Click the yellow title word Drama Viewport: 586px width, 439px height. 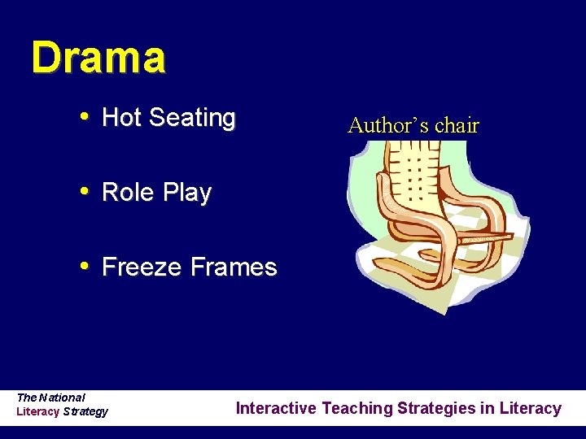tap(98, 58)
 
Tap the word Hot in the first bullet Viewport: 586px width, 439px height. tap(121, 118)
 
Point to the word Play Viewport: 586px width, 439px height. tap(187, 193)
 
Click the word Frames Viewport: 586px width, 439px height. tap(234, 267)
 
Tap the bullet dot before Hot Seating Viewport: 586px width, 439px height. tap(85, 118)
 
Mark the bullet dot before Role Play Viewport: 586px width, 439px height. tap(85, 193)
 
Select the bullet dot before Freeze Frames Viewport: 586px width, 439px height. tap(85, 267)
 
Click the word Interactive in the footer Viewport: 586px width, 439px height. tap(276, 408)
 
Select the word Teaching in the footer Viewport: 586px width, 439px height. tap(356, 408)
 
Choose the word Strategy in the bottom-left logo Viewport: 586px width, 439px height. tap(85, 411)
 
